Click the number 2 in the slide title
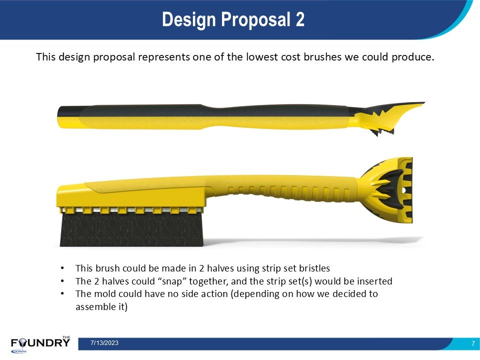tap(300, 19)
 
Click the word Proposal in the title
tap(255, 20)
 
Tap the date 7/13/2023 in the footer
tap(104, 343)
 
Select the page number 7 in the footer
tap(473, 343)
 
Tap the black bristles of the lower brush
tap(131, 229)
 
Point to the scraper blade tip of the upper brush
tap(424, 103)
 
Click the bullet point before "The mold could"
tap(62, 294)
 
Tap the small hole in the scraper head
tap(404, 190)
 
